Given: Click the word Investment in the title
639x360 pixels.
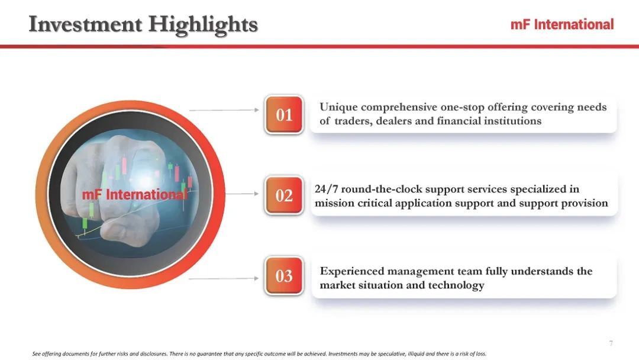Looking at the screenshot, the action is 86,24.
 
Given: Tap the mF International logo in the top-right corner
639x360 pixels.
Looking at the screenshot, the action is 562,24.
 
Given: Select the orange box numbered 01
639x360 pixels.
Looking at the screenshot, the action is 284,114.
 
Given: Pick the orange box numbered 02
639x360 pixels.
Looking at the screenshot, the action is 284,195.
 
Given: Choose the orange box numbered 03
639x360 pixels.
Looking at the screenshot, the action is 284,275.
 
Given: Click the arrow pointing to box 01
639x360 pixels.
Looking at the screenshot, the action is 224,110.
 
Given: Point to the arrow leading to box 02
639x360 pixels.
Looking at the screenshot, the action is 242,194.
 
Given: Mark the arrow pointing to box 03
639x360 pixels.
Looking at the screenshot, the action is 224,278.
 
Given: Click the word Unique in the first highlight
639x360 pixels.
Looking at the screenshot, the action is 338,107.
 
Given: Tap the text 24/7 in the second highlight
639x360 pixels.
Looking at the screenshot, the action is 327,189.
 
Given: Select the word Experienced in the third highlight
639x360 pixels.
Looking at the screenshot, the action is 351,272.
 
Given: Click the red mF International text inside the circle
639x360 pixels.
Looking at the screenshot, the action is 135,194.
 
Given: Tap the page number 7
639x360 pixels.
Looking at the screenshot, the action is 611,343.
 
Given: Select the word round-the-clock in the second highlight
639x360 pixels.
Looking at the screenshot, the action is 382,189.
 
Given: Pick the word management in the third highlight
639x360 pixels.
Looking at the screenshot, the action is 420,272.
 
